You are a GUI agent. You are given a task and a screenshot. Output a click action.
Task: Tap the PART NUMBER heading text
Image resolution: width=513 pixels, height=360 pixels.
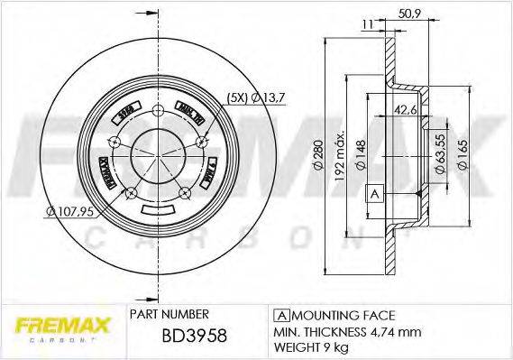click(x=170, y=314)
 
